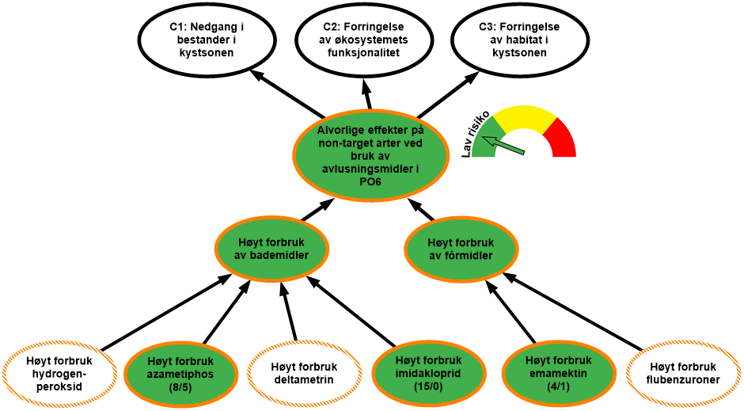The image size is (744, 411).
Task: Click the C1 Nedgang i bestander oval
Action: click(207, 40)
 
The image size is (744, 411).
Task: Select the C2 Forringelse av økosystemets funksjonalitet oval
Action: click(364, 40)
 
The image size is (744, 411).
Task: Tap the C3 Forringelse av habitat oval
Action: click(520, 40)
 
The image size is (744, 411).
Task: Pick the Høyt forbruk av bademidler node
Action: click(271, 249)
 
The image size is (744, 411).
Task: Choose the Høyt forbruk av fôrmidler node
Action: click(461, 249)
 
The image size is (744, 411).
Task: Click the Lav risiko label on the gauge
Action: click(475, 131)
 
